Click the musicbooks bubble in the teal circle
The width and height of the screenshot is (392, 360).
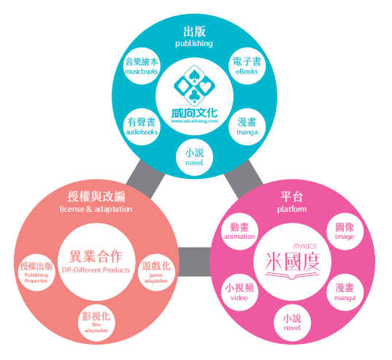(142, 66)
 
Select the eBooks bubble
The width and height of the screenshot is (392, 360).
(247, 66)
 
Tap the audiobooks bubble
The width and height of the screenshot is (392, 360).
(142, 127)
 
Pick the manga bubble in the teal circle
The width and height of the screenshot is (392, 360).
(247, 127)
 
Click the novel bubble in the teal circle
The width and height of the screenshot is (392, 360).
(194, 157)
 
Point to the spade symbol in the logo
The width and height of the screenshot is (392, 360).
(194, 76)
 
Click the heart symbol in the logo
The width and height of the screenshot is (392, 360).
(206, 87)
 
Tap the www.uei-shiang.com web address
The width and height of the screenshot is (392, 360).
(194, 121)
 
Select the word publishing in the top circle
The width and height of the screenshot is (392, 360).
(194, 44)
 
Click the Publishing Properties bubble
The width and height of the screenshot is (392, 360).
(36, 272)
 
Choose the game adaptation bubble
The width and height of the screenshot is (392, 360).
(156, 272)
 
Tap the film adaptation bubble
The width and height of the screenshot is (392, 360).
(96, 323)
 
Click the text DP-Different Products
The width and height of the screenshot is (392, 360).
(96, 270)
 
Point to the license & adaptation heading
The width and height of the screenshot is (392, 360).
(96, 209)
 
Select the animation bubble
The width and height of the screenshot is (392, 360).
(239, 231)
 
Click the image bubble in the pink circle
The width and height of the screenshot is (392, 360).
(345, 231)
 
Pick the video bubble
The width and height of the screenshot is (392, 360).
(239, 292)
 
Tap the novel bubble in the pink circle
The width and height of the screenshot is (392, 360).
(292, 323)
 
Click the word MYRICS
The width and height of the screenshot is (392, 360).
(305, 247)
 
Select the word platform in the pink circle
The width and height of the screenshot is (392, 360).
(292, 210)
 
